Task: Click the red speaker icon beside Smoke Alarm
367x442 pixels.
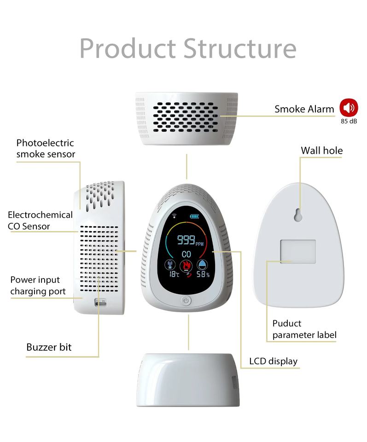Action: click(x=349, y=108)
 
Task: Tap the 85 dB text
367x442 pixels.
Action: click(x=349, y=122)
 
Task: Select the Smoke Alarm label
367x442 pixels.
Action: click(x=304, y=109)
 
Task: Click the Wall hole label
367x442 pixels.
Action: click(x=321, y=151)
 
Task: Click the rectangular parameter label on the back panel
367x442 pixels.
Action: click(x=298, y=251)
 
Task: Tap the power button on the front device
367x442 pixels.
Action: click(x=186, y=301)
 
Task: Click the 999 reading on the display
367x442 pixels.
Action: click(x=186, y=239)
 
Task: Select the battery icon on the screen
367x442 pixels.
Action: click(x=195, y=216)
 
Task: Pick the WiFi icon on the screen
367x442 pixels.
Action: click(x=175, y=215)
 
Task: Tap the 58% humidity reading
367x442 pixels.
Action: click(x=203, y=274)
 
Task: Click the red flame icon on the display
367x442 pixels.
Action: click(x=186, y=265)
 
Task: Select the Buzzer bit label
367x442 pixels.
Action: click(x=49, y=347)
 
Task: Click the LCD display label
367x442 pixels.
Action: click(x=273, y=361)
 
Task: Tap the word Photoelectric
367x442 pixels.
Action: click(x=45, y=143)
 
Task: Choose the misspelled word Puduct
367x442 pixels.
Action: click(x=286, y=323)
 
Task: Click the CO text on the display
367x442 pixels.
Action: click(x=186, y=254)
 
